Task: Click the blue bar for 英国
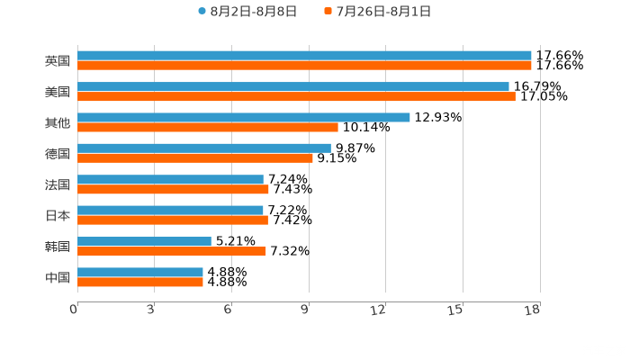(304, 56)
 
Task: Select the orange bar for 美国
(296, 96)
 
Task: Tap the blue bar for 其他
(243, 117)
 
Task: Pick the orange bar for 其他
(208, 127)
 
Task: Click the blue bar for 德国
(204, 148)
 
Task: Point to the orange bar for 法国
(173, 189)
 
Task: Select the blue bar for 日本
(170, 210)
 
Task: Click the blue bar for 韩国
(144, 241)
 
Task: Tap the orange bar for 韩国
(172, 251)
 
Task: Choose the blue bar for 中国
(140, 272)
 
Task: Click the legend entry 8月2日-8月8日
(247, 12)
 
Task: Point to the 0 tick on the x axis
(74, 310)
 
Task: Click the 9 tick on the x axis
(306, 310)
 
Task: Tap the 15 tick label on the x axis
(456, 310)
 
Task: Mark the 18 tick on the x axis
(533, 310)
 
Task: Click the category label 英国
(58, 61)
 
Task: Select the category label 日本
(58, 215)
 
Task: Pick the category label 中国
(58, 277)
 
